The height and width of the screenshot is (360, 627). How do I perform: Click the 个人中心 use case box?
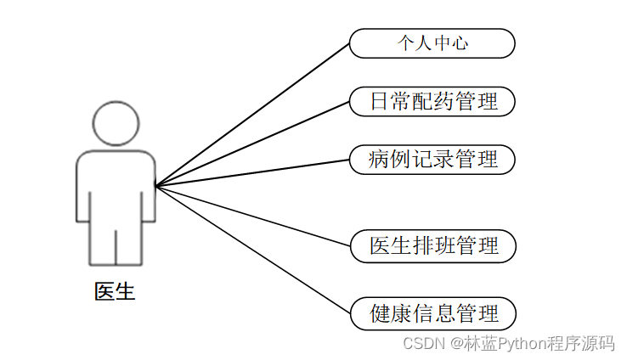tap(432, 43)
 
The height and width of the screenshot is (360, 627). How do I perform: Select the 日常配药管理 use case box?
tap(432, 102)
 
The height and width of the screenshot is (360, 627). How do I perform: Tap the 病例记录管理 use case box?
tap(432, 159)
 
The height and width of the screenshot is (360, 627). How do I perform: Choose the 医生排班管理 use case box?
tap(432, 246)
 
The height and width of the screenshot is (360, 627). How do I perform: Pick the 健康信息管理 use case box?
tap(432, 313)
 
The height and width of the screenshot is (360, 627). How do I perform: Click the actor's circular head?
tap(115, 123)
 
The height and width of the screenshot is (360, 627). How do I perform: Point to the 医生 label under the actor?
tap(115, 292)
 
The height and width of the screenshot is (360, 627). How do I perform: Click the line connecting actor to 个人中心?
tap(252, 115)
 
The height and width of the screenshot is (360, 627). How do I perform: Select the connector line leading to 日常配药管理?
tap(252, 143)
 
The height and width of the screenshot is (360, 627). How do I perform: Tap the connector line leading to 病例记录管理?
tap(252, 172)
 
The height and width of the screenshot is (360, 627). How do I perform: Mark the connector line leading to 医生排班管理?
tap(252, 216)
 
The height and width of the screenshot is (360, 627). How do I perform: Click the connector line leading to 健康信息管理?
tap(252, 249)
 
